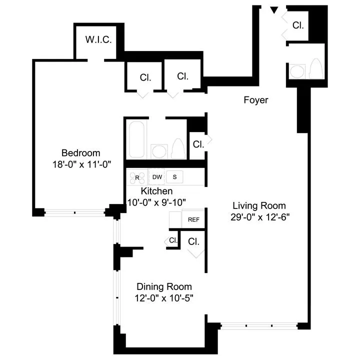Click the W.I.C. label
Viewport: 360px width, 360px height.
pyautogui.click(x=98, y=39)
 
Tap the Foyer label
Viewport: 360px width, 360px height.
pyautogui.click(x=256, y=100)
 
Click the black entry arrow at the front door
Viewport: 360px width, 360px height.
pyautogui.click(x=274, y=9)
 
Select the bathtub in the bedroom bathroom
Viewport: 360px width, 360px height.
pyautogui.click(x=136, y=139)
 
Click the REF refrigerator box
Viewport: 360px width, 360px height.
pyautogui.click(x=193, y=219)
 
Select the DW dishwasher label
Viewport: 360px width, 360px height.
pyautogui.click(x=157, y=177)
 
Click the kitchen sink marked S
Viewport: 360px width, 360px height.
pyautogui.click(x=174, y=177)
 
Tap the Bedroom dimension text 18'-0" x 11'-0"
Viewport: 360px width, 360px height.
pyautogui.click(x=80, y=163)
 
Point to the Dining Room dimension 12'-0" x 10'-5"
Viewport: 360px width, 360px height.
pyautogui.click(x=164, y=298)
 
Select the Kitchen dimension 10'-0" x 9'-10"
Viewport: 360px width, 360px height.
pyautogui.click(x=156, y=202)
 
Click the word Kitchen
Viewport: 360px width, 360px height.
pyautogui.click(x=156, y=191)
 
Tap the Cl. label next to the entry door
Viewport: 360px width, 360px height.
pyautogui.click(x=298, y=24)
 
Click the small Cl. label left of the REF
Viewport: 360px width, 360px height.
pyautogui.click(x=173, y=240)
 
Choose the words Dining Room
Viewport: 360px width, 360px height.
pyautogui.click(x=164, y=287)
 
